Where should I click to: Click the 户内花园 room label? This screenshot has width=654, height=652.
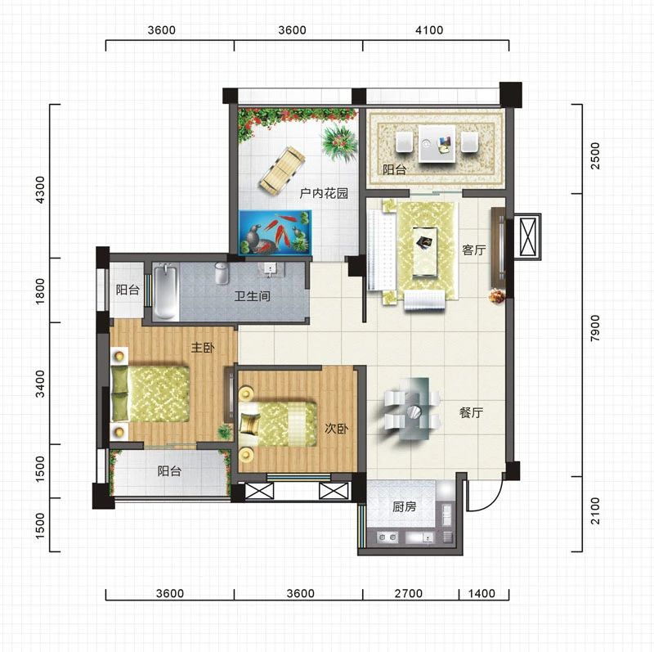click(x=324, y=193)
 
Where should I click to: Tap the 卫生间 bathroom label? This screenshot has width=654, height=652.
click(x=253, y=296)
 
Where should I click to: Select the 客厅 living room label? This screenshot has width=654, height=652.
click(x=474, y=250)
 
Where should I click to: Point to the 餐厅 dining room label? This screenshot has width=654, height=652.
click(x=472, y=412)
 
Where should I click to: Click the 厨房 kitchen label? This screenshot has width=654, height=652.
click(x=404, y=506)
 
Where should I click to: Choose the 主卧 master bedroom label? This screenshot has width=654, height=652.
click(x=203, y=347)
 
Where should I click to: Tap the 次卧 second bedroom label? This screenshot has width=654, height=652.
click(x=337, y=429)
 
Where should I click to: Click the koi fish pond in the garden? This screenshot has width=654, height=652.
click(x=275, y=232)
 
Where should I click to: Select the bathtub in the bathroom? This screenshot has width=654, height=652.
click(x=166, y=292)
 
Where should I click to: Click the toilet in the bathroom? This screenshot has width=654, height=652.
click(x=222, y=273)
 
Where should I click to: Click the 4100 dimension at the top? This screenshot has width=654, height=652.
click(x=429, y=30)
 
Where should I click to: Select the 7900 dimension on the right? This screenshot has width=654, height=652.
click(x=595, y=328)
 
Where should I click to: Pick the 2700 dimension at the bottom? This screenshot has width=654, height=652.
click(x=408, y=593)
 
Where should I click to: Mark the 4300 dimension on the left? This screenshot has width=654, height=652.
click(x=39, y=190)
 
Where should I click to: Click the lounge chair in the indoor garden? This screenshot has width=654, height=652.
click(x=282, y=170)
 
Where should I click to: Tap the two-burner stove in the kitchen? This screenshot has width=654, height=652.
click(x=387, y=537)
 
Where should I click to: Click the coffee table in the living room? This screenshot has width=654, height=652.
click(x=425, y=252)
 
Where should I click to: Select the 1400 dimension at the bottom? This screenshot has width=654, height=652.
click(x=482, y=593)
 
